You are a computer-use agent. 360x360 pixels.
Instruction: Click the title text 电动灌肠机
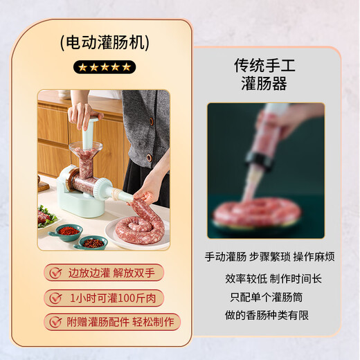[105, 43]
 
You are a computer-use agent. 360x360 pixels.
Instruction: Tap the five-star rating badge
[105, 67]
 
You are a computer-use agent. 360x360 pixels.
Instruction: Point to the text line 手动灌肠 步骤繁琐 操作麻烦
[270, 257]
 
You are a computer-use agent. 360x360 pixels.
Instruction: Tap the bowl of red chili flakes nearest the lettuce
[69, 229]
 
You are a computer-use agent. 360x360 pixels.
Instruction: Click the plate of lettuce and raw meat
[46, 217]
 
